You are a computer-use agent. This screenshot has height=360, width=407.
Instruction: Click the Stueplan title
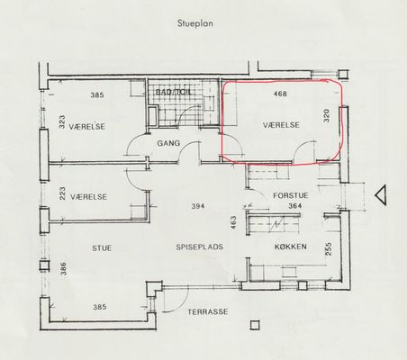point(195,23)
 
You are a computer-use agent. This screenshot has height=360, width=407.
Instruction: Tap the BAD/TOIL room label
point(174,92)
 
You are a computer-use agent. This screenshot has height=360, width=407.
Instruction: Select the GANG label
point(168,143)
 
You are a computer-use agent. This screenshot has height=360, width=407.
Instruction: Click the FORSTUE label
point(291,195)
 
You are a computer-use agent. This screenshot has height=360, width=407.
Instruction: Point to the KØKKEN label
point(291,247)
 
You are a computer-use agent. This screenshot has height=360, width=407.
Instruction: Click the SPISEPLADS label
point(200,247)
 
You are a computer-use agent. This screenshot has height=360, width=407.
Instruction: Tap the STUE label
point(102,248)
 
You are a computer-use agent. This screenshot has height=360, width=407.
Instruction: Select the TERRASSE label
point(208,312)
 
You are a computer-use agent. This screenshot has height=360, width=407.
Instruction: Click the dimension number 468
point(280,94)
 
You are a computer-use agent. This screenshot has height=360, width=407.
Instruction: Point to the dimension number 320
point(327,115)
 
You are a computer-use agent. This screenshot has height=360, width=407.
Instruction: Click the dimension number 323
point(62,122)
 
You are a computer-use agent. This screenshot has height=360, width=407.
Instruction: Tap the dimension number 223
point(62,193)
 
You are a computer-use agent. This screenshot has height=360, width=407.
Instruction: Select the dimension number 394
point(198,206)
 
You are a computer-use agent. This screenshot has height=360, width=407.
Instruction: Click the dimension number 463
point(233,222)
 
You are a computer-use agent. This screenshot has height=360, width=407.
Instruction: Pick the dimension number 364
point(295,206)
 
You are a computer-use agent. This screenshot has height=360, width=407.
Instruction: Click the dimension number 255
point(329,249)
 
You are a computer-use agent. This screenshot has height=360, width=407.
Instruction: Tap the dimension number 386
point(63,269)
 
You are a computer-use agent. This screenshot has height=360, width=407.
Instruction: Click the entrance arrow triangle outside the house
point(381,195)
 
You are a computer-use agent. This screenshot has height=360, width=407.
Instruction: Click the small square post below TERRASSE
point(255,325)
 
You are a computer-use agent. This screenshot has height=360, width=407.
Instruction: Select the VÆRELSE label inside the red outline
point(281,125)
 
